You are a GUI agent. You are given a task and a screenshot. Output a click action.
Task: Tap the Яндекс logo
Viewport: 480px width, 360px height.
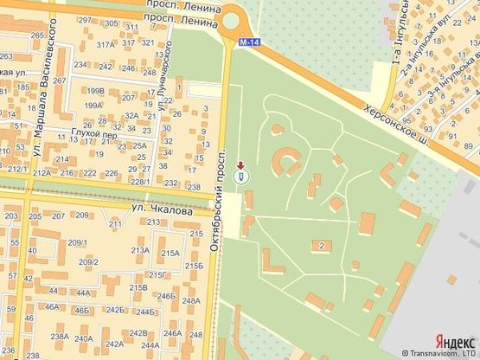pyautogui.click(x=453, y=341)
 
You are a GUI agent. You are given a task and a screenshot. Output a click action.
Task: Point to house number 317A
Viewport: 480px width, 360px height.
pyautogui.click(x=106, y=43)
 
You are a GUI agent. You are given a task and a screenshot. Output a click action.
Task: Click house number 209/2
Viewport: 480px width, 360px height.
pyautogui.click(x=87, y=261)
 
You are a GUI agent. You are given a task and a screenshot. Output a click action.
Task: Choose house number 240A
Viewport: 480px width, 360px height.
pyautogui.click(x=84, y=338)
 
